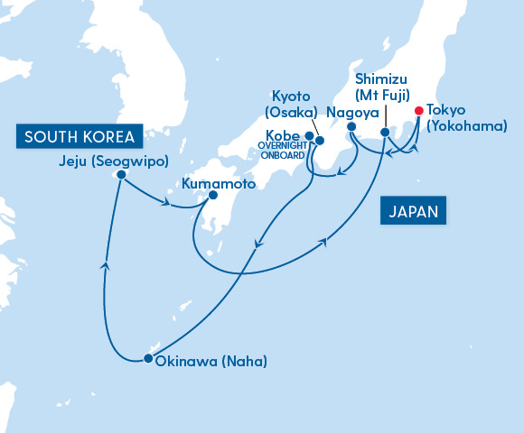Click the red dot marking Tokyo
point(418,111)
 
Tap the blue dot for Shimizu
point(385,133)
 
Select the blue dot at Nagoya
point(351,127)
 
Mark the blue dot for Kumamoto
point(213,195)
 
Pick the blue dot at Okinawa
point(147,360)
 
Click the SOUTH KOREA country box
point(80,137)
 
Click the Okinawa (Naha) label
point(211,362)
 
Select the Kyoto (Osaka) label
point(291,103)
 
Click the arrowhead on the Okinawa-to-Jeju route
point(106,264)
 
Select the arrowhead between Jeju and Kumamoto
point(166,202)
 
